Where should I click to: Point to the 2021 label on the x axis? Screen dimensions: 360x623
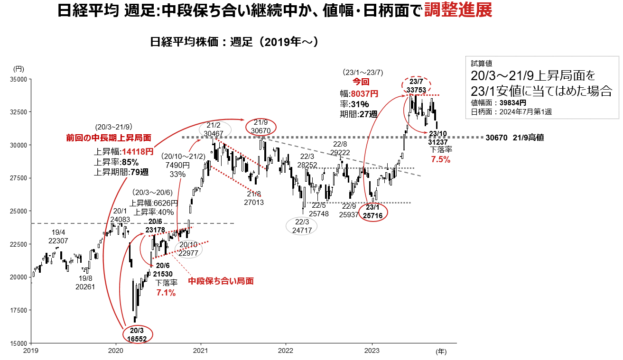tap(201, 351)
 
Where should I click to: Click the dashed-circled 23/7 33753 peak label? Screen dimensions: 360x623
tap(417, 84)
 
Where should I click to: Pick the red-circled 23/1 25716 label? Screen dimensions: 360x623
tap(372, 212)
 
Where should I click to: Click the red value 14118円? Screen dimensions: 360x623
tap(138, 152)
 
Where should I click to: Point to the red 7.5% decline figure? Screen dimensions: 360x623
tap(440, 160)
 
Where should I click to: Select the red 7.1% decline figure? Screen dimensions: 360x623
tap(166, 293)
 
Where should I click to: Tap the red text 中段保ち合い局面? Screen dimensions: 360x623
tap(221, 281)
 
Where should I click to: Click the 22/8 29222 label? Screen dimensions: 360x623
tap(341, 148)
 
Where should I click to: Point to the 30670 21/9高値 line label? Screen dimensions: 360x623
tap(514, 138)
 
